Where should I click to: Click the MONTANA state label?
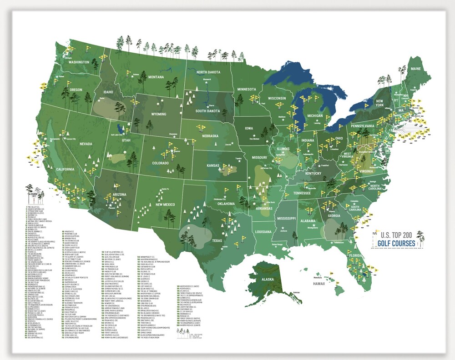156,77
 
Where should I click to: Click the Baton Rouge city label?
278,245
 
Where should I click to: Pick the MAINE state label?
416,68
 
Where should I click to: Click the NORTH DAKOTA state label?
208,72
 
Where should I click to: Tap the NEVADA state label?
86,144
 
